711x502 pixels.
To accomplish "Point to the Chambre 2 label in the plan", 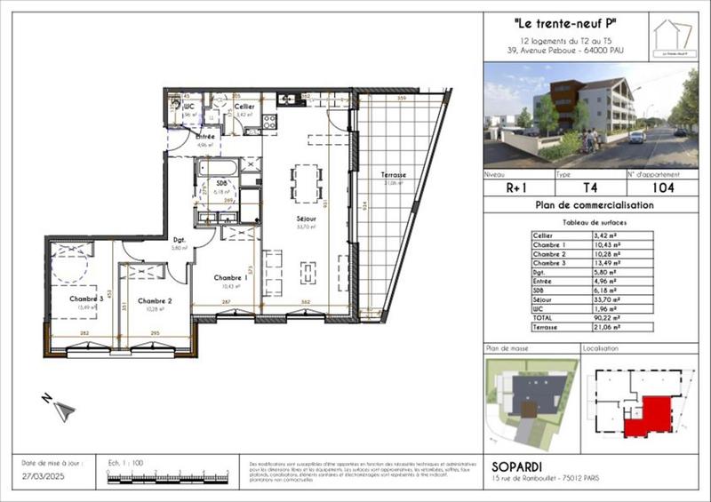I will (x=154, y=300).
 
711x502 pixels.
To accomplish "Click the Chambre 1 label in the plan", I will (x=230, y=277).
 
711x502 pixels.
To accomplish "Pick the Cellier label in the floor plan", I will (x=245, y=107).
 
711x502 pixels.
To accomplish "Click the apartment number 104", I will (x=662, y=187).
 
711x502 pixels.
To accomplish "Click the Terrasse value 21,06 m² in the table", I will (x=621, y=328).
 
